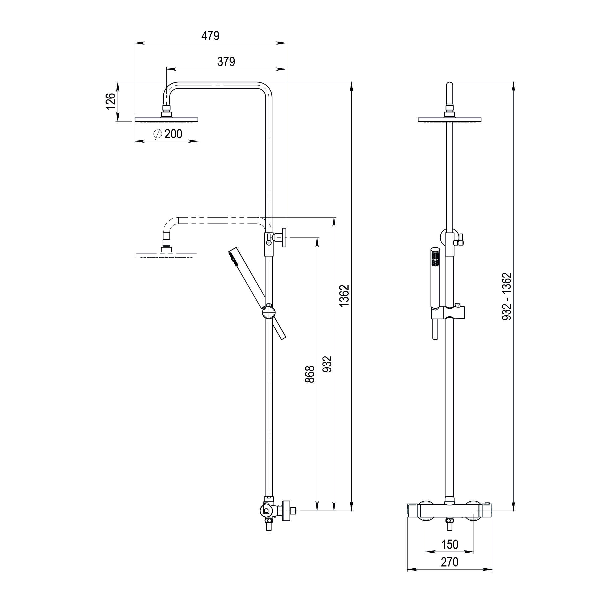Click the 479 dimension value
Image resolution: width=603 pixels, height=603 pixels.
pos(210,36)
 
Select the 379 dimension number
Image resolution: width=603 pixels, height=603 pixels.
pos(226,62)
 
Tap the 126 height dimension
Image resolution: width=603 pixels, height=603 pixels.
pos(111,101)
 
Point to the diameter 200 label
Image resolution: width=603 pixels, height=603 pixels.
pos(168,134)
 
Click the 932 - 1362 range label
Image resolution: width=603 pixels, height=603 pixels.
pos(507,296)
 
